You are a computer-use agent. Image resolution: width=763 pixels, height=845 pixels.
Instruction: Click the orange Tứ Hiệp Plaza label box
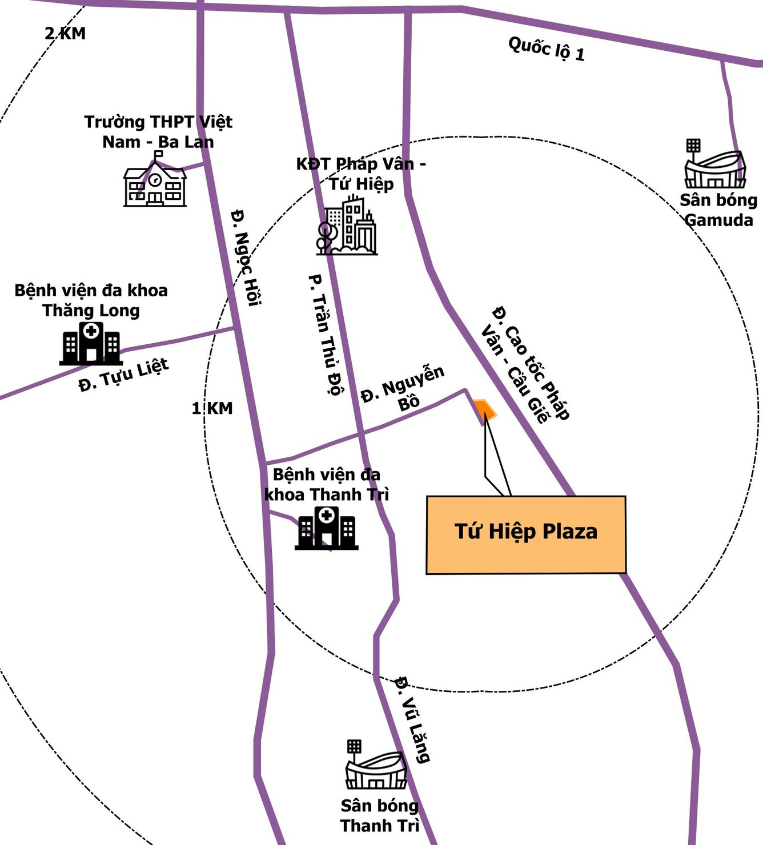[x=526, y=534]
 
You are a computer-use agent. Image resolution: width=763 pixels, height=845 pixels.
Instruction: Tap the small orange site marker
[x=484, y=409]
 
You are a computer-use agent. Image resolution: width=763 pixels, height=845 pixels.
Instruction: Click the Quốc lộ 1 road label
[x=546, y=49]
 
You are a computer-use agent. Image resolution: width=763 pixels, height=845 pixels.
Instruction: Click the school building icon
[x=155, y=182]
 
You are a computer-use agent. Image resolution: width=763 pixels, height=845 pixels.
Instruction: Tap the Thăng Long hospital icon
[x=91, y=344]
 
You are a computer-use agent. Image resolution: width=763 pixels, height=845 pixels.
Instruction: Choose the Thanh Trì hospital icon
[x=326, y=529]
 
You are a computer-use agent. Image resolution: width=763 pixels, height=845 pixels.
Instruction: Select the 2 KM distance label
[x=65, y=34]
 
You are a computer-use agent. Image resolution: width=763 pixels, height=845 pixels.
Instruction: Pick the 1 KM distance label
[x=212, y=408]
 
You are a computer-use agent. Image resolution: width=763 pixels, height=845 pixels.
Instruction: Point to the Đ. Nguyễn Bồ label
[x=404, y=388]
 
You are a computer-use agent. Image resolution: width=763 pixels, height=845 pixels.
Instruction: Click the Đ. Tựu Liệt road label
[x=123, y=375]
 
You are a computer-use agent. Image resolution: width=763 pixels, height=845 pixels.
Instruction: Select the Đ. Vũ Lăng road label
[x=412, y=719]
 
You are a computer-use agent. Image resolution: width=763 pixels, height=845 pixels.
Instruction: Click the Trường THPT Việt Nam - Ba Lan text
[x=158, y=132]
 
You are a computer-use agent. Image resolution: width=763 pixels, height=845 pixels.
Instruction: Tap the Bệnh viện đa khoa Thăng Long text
[x=91, y=300]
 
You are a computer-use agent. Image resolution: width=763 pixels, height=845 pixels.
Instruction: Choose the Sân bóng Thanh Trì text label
[x=380, y=815]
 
